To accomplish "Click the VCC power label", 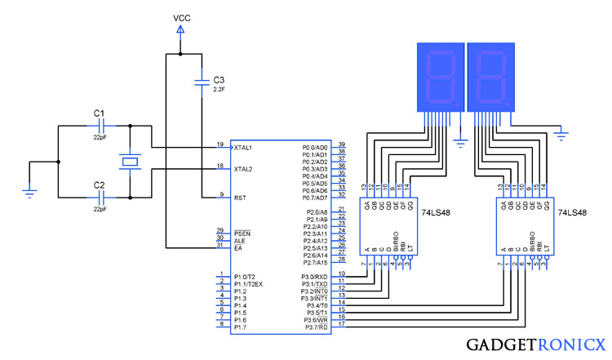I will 182,17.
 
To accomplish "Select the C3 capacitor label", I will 218,80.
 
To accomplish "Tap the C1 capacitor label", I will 99,112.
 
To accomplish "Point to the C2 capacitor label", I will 99,185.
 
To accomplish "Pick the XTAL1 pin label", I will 243,147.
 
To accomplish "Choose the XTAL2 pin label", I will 243,169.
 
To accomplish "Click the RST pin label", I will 239,198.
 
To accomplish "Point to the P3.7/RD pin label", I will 315,327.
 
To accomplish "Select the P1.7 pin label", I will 240,327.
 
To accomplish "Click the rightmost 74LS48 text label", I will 572,212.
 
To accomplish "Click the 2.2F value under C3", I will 219,89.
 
